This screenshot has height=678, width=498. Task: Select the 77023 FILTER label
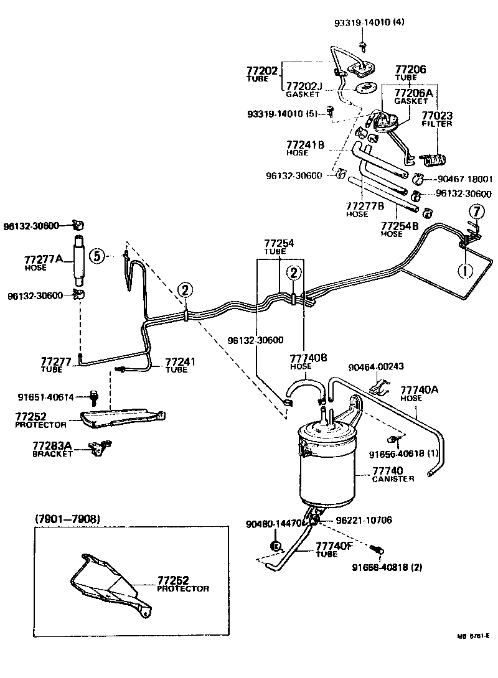pos(436,119)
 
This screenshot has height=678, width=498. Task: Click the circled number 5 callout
pos(96,255)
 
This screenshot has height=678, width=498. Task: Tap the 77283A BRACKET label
pos(53,449)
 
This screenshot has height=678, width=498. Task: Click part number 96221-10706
pos(364,519)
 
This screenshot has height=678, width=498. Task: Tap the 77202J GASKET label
pos(303,90)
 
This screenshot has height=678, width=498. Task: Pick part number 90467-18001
pos(464,179)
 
